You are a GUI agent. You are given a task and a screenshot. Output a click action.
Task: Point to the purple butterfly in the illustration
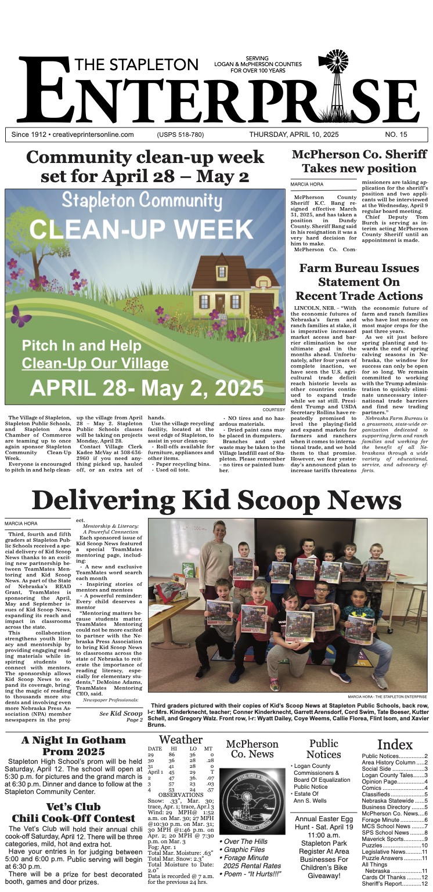[x=21, y=316]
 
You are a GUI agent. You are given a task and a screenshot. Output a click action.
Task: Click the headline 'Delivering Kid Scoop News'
[x=216, y=501]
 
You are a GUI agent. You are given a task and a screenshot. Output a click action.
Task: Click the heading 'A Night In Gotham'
[x=73, y=741]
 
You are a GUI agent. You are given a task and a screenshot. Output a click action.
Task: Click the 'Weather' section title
[x=181, y=739]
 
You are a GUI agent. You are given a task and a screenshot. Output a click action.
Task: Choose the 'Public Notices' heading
[x=324, y=749]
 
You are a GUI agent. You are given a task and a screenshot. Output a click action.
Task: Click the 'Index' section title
[x=395, y=745]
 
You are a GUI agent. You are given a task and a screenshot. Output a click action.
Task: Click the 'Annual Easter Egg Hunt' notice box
[x=324, y=850]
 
